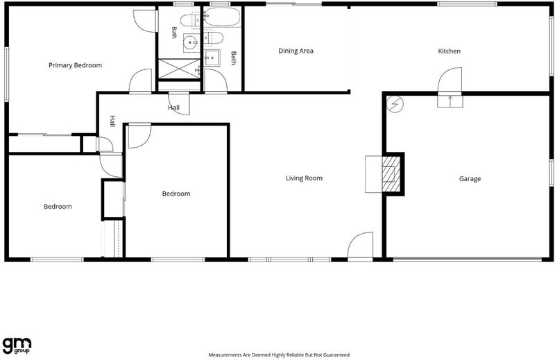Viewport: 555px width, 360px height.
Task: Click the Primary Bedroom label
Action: (75, 65)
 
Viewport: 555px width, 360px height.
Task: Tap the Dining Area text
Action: (296, 51)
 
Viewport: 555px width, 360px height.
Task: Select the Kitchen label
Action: (449, 51)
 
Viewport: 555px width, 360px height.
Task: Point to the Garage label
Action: (470, 179)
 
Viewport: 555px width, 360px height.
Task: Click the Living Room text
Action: (304, 178)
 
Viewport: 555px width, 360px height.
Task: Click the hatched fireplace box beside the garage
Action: (391, 174)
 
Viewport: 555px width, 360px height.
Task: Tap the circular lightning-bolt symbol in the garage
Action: (395, 104)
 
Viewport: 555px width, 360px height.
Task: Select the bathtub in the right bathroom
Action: (222, 17)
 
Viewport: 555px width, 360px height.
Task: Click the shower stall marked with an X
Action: (179, 68)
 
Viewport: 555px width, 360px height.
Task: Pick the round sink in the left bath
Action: (191, 43)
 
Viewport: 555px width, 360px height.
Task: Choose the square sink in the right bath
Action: (212, 58)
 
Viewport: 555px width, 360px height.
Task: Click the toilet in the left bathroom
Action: (190, 20)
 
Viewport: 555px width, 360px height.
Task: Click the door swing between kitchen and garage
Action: (450, 80)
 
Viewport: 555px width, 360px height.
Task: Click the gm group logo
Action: (17, 345)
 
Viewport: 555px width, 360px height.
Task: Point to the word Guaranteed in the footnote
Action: (336, 354)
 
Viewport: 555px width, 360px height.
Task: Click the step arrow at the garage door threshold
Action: (450, 101)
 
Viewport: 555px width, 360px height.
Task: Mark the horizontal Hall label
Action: (173, 108)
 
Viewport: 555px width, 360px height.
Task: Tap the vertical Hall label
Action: (112, 121)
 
